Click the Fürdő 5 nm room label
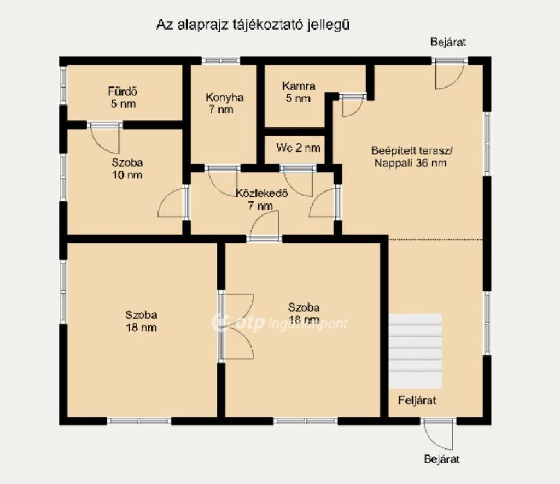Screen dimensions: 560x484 [x=122, y=97]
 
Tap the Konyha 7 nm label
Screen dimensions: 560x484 [x=224, y=103]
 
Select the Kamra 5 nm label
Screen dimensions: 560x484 [x=299, y=92]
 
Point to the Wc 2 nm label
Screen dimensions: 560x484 [x=298, y=148]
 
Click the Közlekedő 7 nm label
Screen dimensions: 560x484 [x=261, y=199]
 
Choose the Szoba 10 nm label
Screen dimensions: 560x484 [x=127, y=168]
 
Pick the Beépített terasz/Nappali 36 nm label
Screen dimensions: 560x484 [x=412, y=157]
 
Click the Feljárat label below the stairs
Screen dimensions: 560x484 [x=417, y=400]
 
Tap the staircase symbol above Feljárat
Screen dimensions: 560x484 [x=415, y=351]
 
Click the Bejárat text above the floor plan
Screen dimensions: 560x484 [x=448, y=42]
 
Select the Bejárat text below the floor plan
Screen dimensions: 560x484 [x=442, y=459]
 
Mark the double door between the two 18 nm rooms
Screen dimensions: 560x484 [x=236, y=326]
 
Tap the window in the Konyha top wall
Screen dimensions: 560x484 [x=221, y=61]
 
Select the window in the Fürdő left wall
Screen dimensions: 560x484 [x=63, y=85]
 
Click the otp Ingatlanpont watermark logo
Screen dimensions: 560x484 [x=279, y=323]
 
